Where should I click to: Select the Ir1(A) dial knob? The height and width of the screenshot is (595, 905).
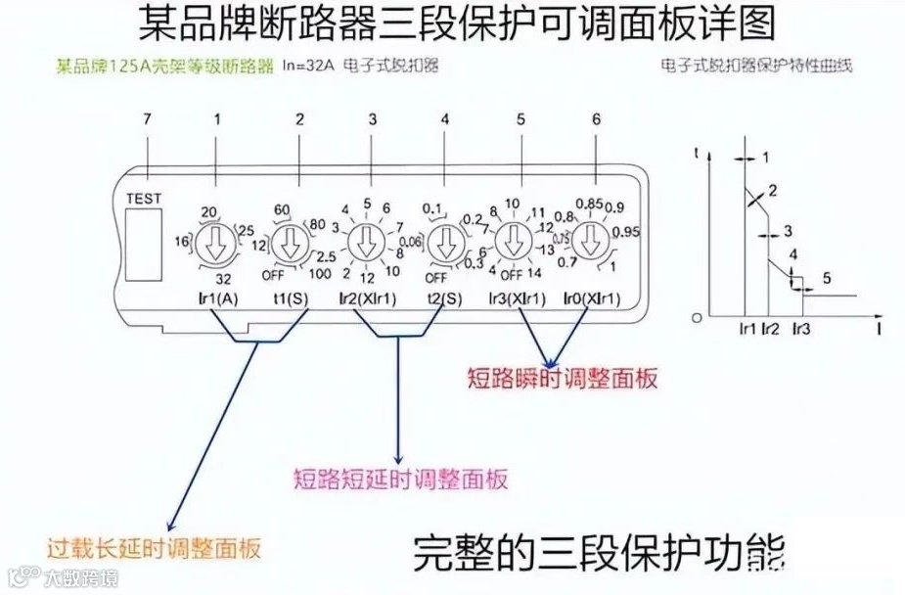213,241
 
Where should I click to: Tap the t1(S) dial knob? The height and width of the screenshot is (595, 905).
289,241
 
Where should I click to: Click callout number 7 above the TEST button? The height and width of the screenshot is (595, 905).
147,120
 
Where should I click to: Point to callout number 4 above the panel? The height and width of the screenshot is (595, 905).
445,120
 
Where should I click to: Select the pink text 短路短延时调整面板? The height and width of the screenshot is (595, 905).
401,480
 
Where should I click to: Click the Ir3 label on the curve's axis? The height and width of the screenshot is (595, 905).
801,330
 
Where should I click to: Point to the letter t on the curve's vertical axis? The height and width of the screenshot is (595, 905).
695,154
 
